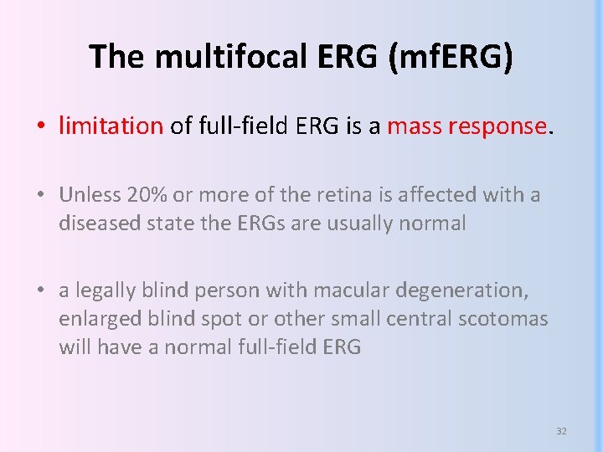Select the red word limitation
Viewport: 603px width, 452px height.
pyautogui.click(x=111, y=126)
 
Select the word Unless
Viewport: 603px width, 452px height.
pyautogui.click(x=89, y=196)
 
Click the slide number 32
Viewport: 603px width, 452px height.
pyautogui.click(x=561, y=431)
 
